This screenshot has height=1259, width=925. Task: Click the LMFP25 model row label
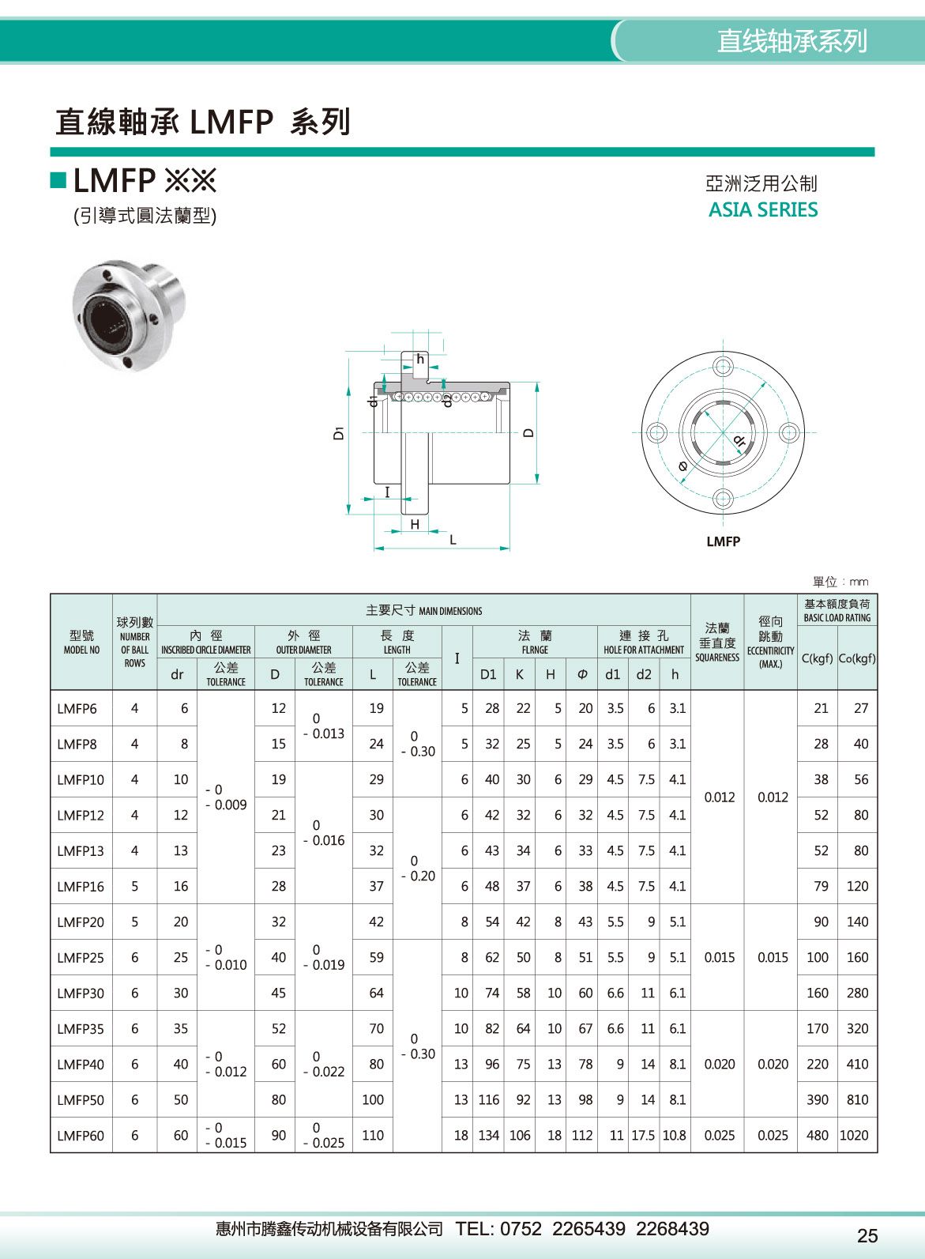pos(81,958)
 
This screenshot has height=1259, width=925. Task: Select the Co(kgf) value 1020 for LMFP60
pos(854,1136)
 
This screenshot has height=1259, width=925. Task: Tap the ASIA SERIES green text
pos(762,210)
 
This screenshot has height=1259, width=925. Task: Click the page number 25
pos(867,1235)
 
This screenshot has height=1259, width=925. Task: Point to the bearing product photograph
pos(128,314)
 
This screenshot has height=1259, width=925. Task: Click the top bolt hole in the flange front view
pos(723,367)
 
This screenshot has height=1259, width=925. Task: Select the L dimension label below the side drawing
pos(453,541)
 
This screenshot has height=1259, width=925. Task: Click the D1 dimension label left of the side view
pos(339,432)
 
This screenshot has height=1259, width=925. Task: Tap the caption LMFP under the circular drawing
pos(723,541)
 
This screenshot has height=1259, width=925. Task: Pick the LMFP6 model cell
pos(77,709)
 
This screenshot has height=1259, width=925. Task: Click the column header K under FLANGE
pos(520,674)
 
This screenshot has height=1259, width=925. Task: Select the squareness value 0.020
pos(719,1065)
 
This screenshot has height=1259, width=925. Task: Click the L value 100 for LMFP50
pos(373,1100)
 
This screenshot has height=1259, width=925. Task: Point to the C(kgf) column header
pos(817,658)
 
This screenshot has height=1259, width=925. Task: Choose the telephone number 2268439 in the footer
pos(672,1229)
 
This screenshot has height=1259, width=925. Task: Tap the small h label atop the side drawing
pos(420,360)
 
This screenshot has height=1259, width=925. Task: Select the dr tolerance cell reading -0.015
pos(226,1136)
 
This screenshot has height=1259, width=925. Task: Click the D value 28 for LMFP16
pos(278,887)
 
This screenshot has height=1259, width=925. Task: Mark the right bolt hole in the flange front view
pos(788,432)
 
